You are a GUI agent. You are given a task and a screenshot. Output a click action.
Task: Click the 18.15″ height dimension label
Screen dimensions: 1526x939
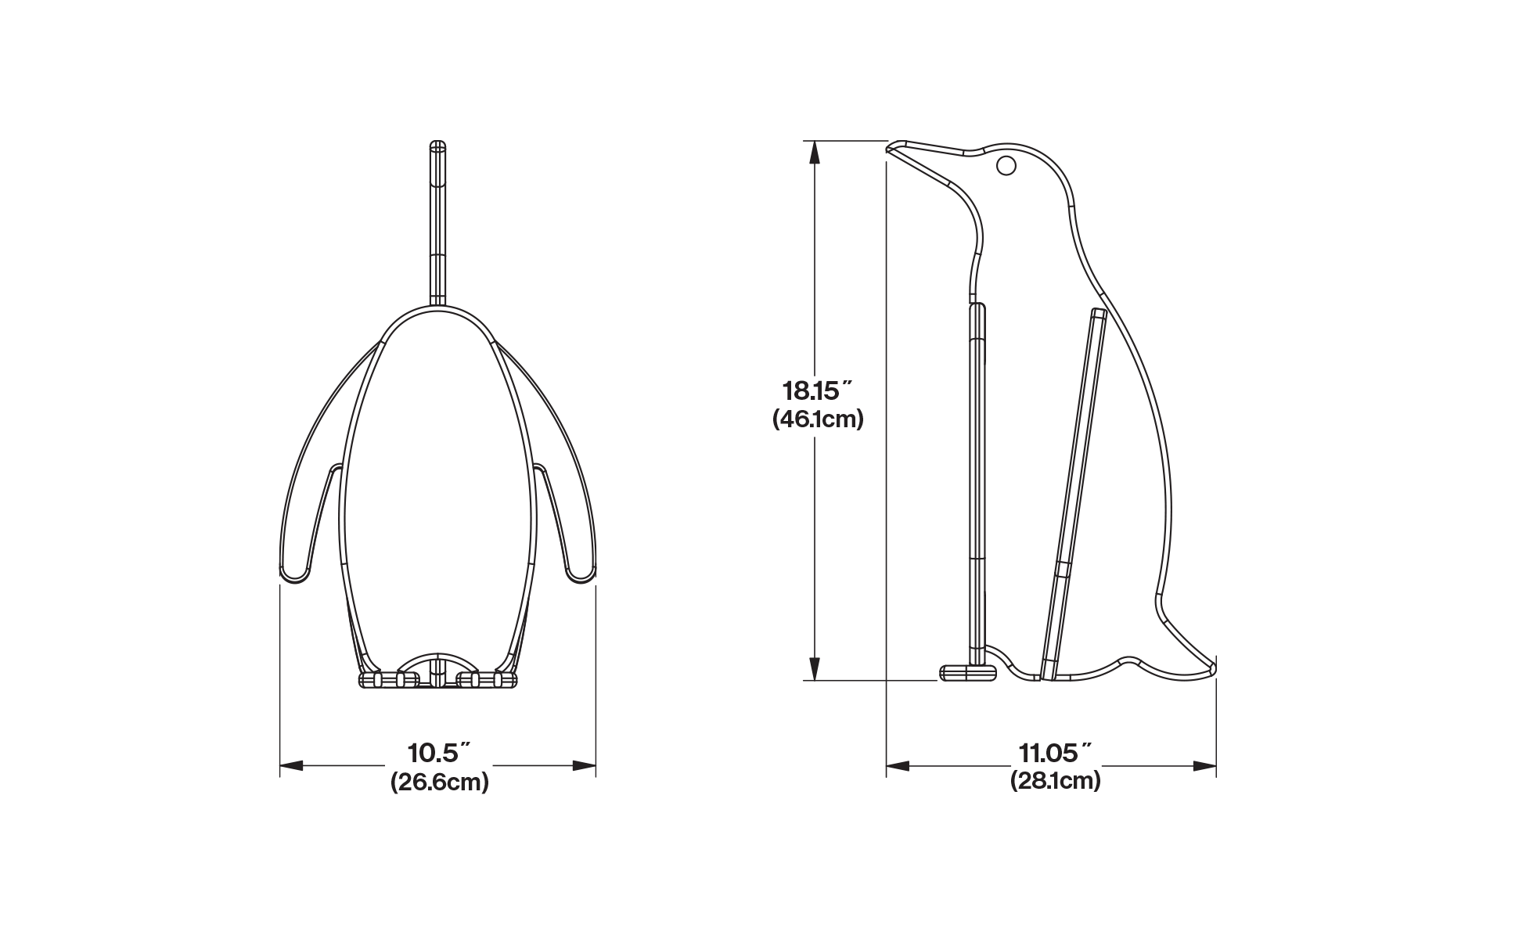pos(817,390)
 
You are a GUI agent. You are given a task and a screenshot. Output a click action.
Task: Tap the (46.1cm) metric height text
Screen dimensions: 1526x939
pos(818,419)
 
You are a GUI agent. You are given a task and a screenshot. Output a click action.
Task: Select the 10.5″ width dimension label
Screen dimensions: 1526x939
pos(439,753)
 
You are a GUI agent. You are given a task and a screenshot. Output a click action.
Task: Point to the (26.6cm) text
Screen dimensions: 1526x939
pos(440,781)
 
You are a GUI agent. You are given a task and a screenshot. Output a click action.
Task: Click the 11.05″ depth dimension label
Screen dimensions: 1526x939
pos(1055,753)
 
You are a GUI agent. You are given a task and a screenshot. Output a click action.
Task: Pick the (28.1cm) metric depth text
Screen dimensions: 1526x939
pos(1055,780)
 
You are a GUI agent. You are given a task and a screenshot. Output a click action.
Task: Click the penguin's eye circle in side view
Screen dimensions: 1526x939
pos(1006,166)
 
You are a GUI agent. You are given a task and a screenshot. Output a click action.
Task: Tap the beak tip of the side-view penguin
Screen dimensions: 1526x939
pos(887,147)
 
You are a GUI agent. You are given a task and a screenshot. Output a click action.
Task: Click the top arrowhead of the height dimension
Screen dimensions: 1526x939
pos(815,153)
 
